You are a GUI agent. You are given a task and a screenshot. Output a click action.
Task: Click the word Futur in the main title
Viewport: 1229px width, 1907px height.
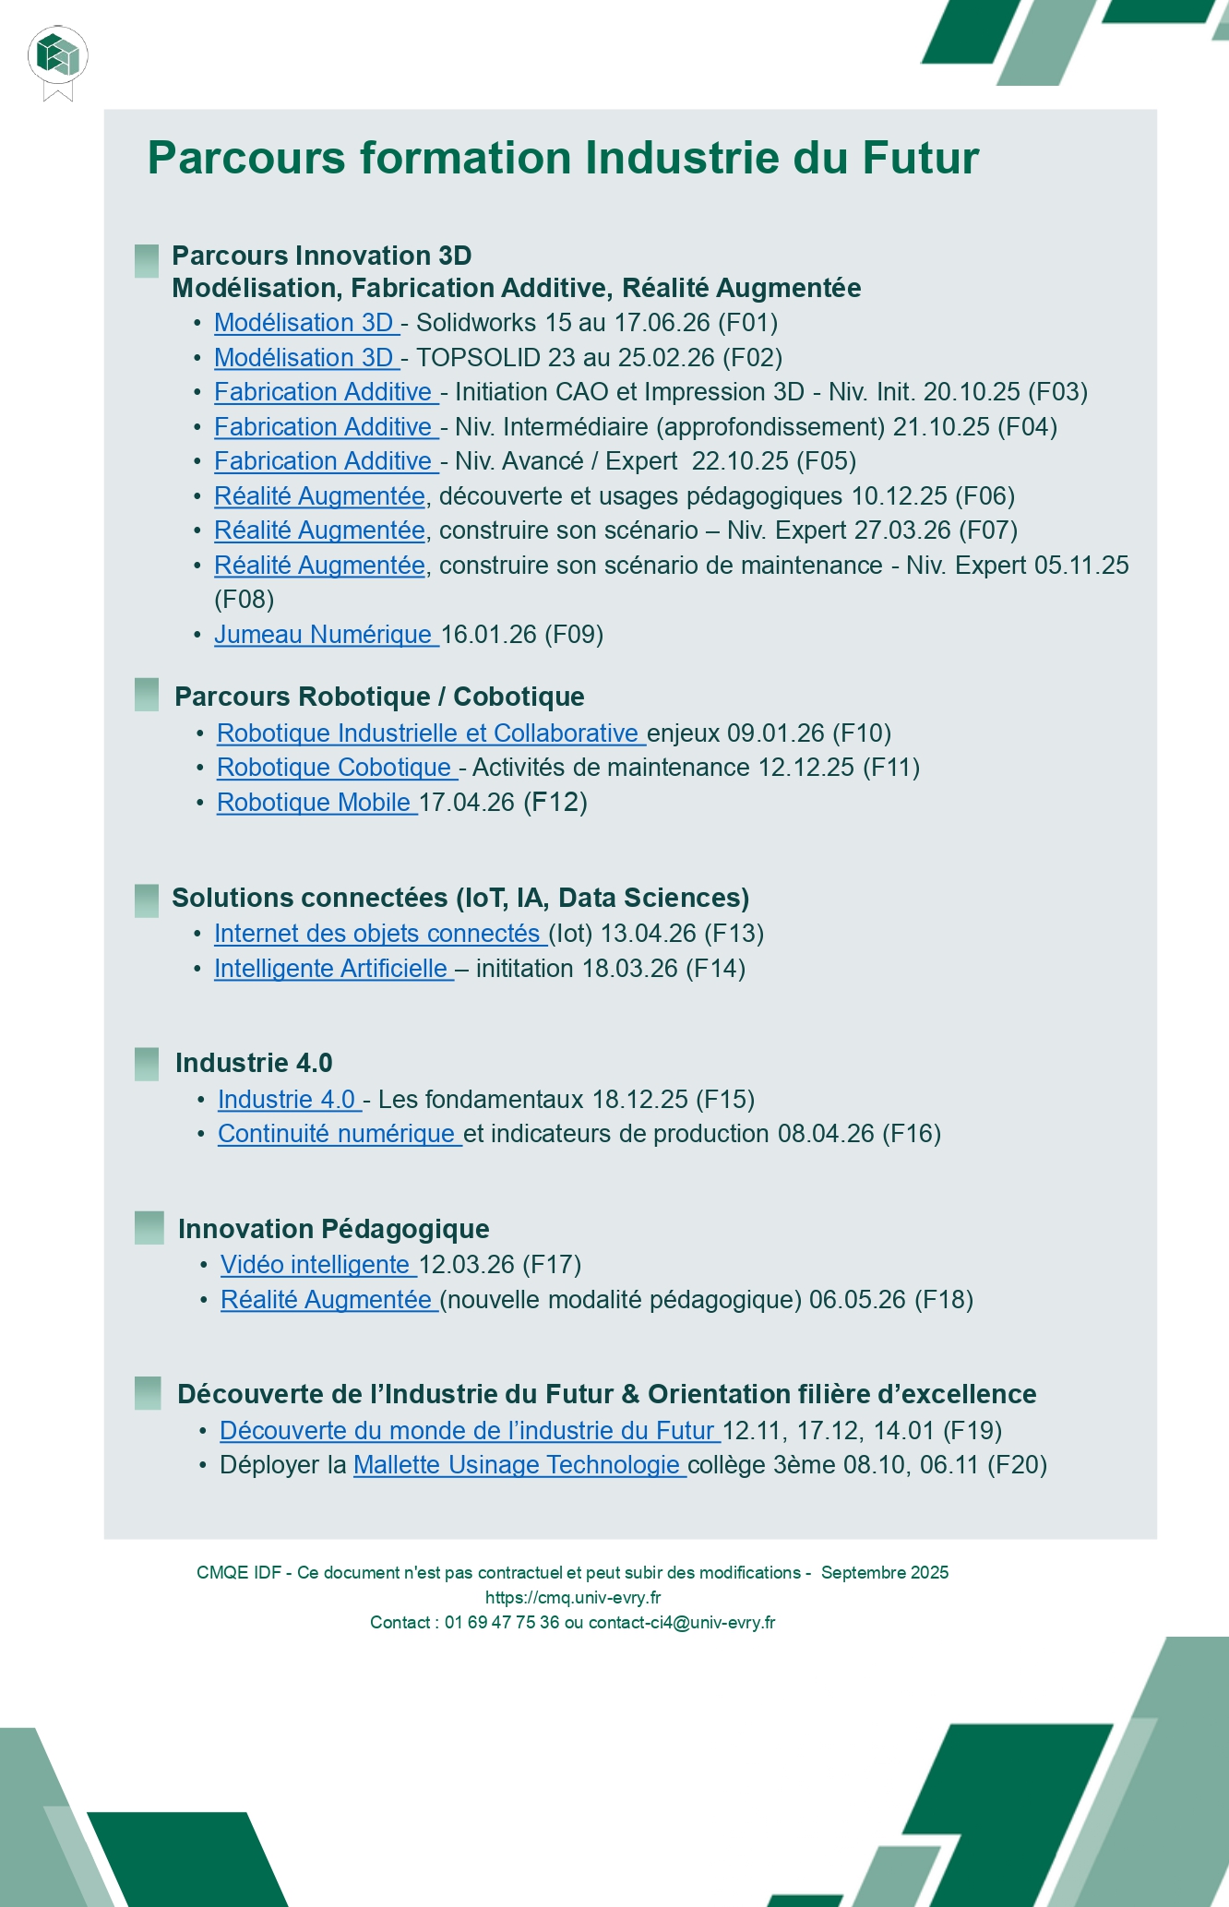920,158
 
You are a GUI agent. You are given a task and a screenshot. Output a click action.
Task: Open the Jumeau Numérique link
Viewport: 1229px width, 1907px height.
326,635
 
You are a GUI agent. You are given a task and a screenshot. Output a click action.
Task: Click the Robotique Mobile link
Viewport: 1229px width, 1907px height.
316,803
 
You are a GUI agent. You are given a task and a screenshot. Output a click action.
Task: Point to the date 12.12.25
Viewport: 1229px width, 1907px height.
805,768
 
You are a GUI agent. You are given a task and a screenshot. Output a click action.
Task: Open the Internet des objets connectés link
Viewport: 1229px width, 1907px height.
380,934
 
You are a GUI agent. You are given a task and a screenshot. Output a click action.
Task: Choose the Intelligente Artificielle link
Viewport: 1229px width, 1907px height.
333,969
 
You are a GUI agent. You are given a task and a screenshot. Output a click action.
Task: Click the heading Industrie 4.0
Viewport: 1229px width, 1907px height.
254,1063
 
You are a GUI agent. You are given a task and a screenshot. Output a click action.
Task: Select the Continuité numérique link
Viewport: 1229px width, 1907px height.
339,1134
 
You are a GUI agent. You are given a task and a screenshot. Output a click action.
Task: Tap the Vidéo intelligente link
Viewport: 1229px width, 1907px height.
318,1265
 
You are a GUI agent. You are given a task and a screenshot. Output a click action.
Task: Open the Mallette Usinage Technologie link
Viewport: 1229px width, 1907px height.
519,1465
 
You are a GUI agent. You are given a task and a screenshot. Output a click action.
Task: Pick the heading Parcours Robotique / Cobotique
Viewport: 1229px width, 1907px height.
379,697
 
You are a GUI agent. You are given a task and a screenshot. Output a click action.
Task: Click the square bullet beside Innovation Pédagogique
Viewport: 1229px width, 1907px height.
149,1228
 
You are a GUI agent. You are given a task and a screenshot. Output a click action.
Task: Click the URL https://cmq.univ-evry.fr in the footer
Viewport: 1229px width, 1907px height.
573,1598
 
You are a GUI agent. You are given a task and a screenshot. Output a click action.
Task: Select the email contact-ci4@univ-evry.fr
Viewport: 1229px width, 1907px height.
682,1623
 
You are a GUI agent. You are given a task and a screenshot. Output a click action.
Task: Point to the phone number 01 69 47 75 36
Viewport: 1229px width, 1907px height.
501,1623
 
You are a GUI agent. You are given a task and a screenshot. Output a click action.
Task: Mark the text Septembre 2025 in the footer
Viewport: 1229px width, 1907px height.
885,1573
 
